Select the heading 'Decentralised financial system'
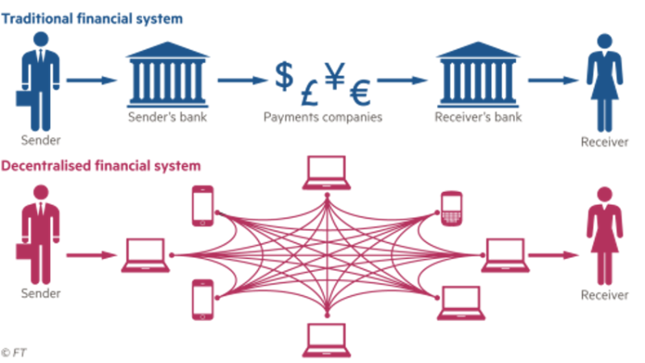[x=101, y=166]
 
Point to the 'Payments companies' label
[x=322, y=118]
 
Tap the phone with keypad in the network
[x=450, y=209]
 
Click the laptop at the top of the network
[x=327, y=172]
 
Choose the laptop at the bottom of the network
[x=327, y=339]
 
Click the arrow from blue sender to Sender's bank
[x=91, y=80]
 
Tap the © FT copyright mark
[x=15, y=353]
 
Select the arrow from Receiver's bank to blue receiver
[x=556, y=80]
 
